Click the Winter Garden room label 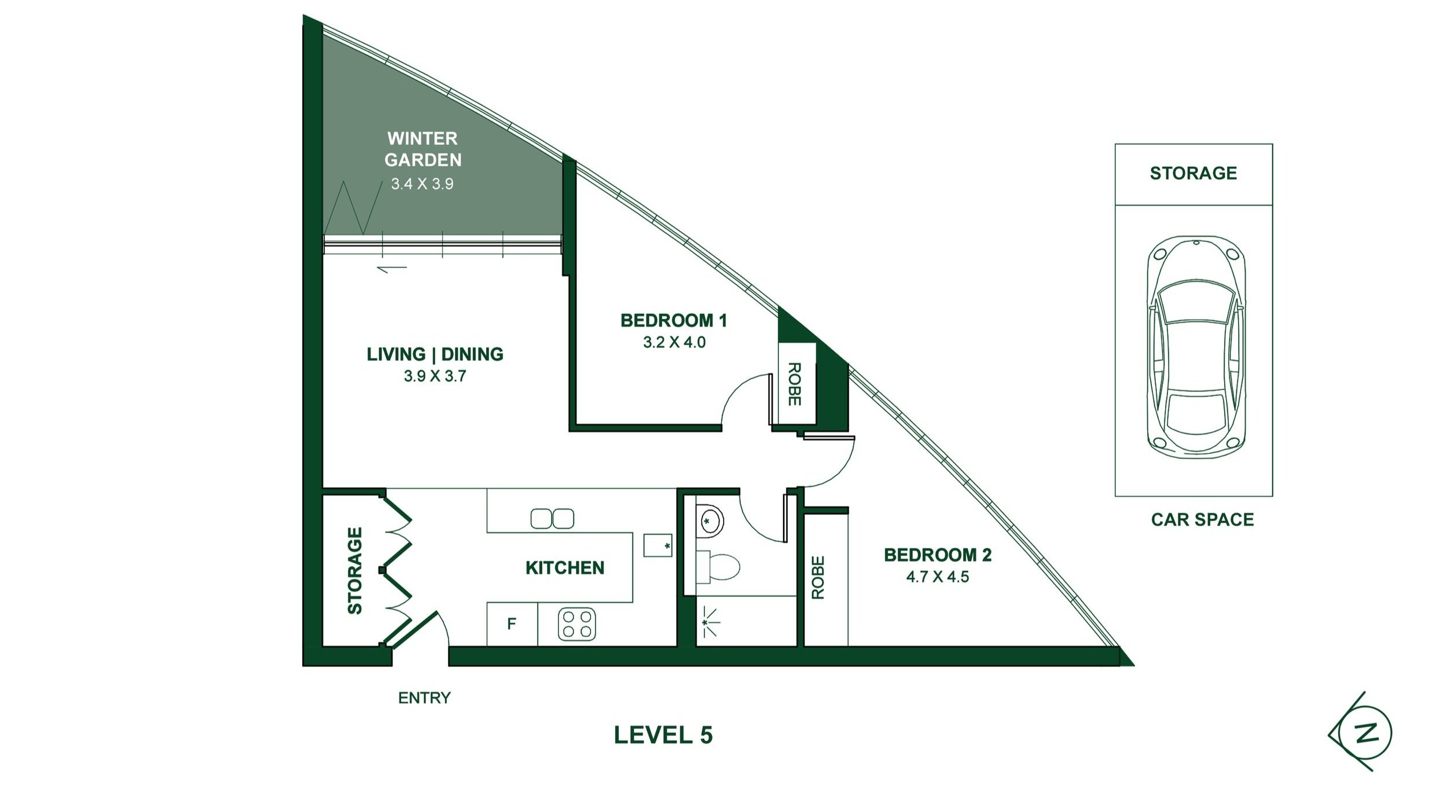coord(423,149)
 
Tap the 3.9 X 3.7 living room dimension coord(435,376)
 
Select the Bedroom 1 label coord(673,320)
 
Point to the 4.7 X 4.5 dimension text coord(937,577)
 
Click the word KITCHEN coord(564,567)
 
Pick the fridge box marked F coord(512,624)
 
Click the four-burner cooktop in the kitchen coord(576,624)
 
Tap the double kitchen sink coord(552,518)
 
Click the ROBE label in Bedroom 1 coord(794,384)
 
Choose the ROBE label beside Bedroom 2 coord(817,577)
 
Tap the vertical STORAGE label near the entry coord(354,570)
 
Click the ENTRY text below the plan coord(424,698)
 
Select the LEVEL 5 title coord(663,735)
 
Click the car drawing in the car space coord(1196,347)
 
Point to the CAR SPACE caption coord(1202,519)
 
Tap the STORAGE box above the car coord(1193,174)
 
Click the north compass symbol coord(1366,733)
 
